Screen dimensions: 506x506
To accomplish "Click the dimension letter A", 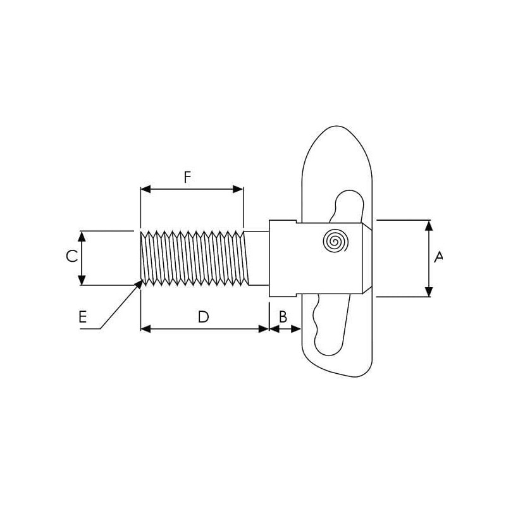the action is pyautogui.click(x=438, y=257).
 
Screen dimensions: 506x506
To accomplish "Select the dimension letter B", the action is pyautogui.click(x=283, y=317).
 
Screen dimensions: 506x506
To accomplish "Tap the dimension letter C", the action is pyautogui.click(x=71, y=256).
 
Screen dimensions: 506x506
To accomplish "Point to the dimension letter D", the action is pyautogui.click(x=203, y=317).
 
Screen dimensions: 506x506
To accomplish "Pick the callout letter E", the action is pyautogui.click(x=83, y=317).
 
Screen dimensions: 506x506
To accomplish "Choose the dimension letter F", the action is pyautogui.click(x=187, y=177).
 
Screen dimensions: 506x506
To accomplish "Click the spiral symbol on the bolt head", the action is pyautogui.click(x=335, y=241).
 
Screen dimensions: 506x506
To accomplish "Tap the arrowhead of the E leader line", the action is pyautogui.click(x=139, y=284).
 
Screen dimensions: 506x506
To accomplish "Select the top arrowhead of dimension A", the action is pyautogui.click(x=429, y=226).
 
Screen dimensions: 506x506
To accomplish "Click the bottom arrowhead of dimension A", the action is pyautogui.click(x=429, y=292).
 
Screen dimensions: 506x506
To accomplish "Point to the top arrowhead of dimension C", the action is pyautogui.click(x=82, y=237).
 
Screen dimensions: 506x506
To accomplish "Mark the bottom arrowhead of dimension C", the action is pyautogui.click(x=82, y=280).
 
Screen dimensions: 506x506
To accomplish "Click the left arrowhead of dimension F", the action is pyautogui.click(x=146, y=189).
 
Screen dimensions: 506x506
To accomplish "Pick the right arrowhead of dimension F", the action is pyautogui.click(x=238, y=189).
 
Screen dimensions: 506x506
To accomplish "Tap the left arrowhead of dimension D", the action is pyautogui.click(x=146, y=329).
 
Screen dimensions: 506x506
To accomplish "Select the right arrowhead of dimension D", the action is pyautogui.click(x=264, y=329).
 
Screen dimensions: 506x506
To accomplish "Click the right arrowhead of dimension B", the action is pyautogui.click(x=296, y=329).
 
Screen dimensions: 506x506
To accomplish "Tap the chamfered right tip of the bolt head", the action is pyautogui.click(x=367, y=258).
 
